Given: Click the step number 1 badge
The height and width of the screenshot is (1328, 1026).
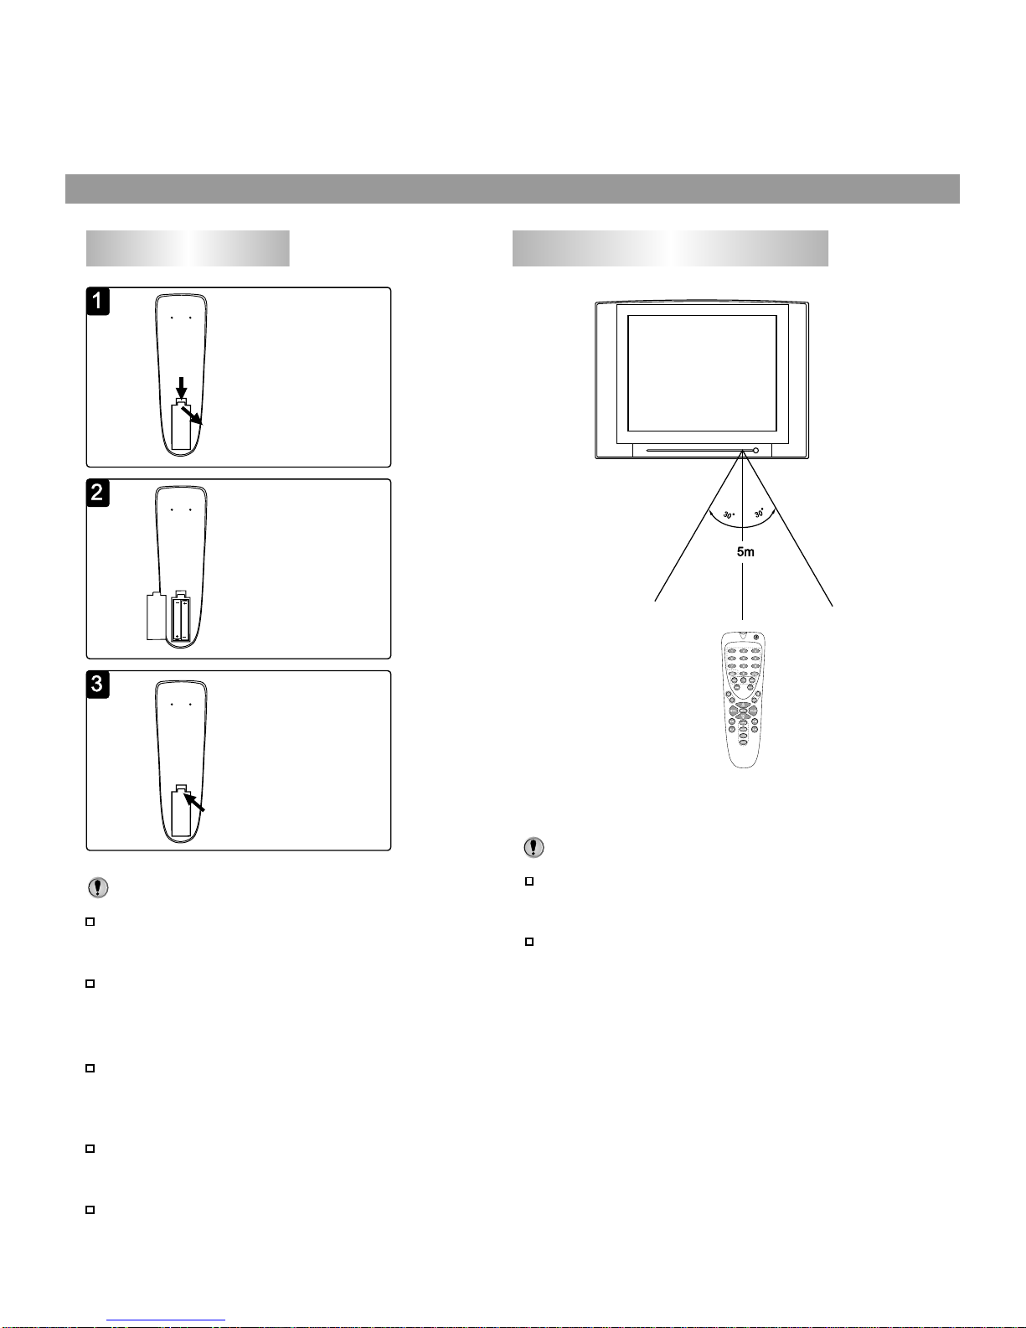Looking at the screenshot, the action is pyautogui.click(x=98, y=302).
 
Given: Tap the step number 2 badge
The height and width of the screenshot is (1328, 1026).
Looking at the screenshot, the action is pyautogui.click(x=98, y=493).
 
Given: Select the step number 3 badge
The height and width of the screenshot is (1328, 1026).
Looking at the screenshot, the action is pyautogui.click(x=98, y=685).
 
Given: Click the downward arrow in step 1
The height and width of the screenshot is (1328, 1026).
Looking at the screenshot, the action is pyautogui.click(x=181, y=387).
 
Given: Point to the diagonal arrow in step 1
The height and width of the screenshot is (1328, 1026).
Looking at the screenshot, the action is pyautogui.click(x=192, y=416).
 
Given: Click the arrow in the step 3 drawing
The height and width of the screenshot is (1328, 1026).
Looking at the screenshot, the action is pyautogui.click(x=194, y=802).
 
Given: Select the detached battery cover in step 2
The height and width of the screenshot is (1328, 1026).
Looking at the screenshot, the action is pyautogui.click(x=157, y=616).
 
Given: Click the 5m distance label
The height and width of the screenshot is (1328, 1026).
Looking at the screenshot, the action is pyautogui.click(x=745, y=552).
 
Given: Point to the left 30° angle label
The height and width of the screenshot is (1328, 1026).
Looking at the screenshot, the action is pyautogui.click(x=729, y=514).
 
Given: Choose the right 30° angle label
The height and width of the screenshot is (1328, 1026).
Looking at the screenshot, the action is pyautogui.click(x=759, y=512).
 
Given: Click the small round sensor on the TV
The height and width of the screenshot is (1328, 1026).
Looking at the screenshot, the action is pyautogui.click(x=755, y=451).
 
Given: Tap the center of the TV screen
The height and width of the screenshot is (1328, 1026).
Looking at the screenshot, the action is pyautogui.click(x=702, y=374).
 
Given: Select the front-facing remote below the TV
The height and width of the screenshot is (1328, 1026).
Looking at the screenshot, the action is pyautogui.click(x=743, y=700).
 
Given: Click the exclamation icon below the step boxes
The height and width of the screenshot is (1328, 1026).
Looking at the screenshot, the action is pyautogui.click(x=98, y=887).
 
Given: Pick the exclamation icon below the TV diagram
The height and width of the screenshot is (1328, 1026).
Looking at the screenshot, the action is pyautogui.click(x=534, y=847).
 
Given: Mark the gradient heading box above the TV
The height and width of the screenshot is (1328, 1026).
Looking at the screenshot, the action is pyautogui.click(x=670, y=248).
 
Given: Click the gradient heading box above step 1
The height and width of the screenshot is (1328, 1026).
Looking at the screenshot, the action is pyautogui.click(x=188, y=248).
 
